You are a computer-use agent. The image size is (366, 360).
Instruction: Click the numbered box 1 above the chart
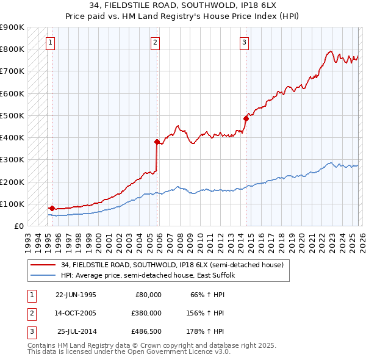[50, 43]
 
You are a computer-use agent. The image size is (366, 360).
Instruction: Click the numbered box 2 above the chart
[156, 43]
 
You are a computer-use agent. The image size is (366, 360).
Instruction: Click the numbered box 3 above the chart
[244, 43]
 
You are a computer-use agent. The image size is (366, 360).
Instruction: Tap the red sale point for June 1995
[52, 208]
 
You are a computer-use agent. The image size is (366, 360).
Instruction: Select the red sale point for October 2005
[157, 142]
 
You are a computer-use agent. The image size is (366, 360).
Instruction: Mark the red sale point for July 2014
[246, 118]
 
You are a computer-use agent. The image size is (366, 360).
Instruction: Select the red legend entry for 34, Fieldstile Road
[172, 265]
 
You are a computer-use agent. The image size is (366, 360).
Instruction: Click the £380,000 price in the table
[146, 313]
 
